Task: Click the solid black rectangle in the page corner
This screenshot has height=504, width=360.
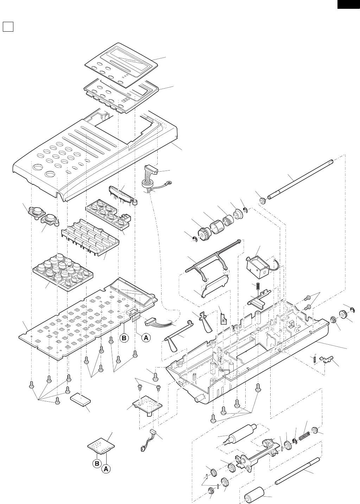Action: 348,4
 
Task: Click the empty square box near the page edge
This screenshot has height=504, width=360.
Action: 8,26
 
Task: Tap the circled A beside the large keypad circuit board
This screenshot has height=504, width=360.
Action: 146,338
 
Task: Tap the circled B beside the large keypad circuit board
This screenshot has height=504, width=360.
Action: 124,338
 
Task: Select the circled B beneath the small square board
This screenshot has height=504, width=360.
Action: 97,464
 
